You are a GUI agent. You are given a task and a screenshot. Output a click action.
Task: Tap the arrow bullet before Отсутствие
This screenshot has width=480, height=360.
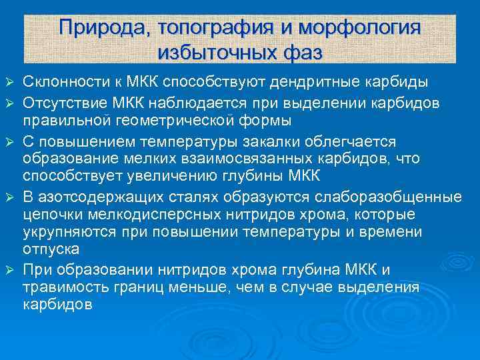click(x=9, y=102)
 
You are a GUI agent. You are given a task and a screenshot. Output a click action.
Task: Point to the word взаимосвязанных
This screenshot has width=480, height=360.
click(x=234, y=159)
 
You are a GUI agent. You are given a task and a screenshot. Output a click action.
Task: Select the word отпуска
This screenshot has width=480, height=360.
click(x=51, y=249)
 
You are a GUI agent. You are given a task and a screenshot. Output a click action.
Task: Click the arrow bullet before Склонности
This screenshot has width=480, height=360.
click(x=9, y=83)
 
